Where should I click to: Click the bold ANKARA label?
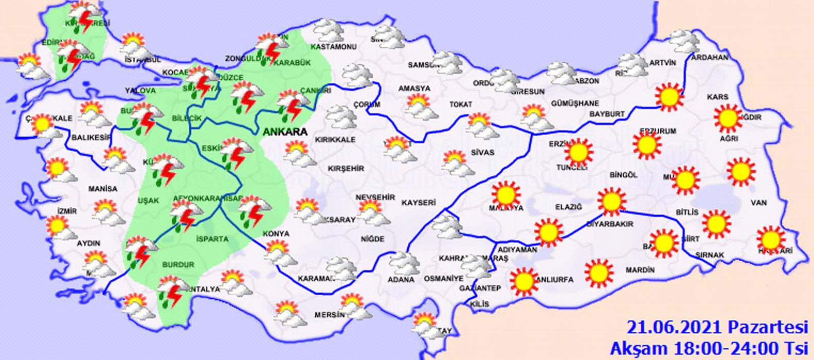coord(285,132)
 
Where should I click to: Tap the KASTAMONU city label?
coord(333,47)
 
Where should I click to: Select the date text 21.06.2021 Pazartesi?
coord(717,327)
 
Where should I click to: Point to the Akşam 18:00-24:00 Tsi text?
coord(710,345)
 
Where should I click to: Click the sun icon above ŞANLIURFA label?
coord(524,281)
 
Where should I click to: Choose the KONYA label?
coord(276,233)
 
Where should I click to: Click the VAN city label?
coord(758,203)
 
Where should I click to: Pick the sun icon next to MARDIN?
coord(599,273)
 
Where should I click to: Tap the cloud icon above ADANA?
coord(403,263)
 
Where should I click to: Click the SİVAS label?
coord(482,152)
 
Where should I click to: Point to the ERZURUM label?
coord(658,131)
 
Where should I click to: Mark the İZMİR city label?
coord(67,211)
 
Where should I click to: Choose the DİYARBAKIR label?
coord(610,224)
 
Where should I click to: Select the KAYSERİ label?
coord(419,203)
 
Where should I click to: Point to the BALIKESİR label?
coord(91,137)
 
